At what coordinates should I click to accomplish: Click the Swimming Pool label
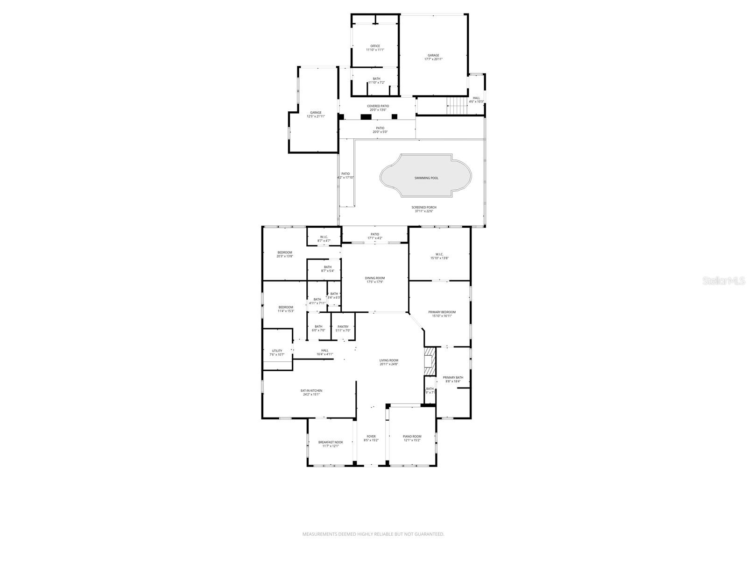coord(426,178)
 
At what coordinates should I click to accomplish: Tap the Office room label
coord(375,46)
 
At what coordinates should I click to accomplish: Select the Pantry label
coord(343,327)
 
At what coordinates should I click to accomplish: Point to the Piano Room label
coord(412,436)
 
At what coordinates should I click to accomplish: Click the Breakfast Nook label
coord(331,442)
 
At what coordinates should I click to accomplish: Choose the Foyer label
coord(371,436)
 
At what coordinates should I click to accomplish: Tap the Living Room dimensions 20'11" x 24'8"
coord(388,364)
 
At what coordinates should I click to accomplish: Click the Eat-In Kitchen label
coord(311,390)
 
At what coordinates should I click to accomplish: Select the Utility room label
coord(277,351)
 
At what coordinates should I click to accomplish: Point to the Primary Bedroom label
coord(442,312)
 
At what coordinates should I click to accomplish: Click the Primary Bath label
coord(453,377)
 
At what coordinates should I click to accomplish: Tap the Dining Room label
coord(375,278)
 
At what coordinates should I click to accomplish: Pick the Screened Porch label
coord(424,207)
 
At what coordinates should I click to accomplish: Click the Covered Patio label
coord(378,106)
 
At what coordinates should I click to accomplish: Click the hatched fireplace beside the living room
coord(429,361)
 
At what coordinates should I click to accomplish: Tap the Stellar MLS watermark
coord(726,280)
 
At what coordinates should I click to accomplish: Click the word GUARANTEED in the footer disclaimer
coord(429,534)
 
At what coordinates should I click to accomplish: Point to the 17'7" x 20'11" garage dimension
coord(433,59)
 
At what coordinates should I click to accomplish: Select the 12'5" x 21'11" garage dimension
coord(316,116)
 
